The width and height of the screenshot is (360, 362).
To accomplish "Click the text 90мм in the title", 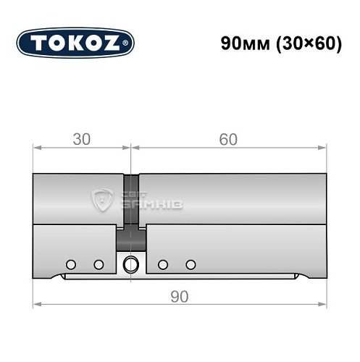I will point(241,43).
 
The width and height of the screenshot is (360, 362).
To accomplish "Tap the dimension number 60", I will point(227,139).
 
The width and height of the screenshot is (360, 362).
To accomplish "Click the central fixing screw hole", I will point(131,264).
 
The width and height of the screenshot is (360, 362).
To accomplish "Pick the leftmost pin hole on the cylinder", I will point(71,264).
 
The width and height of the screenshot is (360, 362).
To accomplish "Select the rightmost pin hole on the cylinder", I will point(191,264).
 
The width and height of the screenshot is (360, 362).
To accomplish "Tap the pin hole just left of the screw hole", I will point(99,264).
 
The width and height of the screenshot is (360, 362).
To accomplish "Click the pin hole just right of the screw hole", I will point(164,264).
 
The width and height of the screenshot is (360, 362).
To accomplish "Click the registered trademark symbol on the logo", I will point(130,43).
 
